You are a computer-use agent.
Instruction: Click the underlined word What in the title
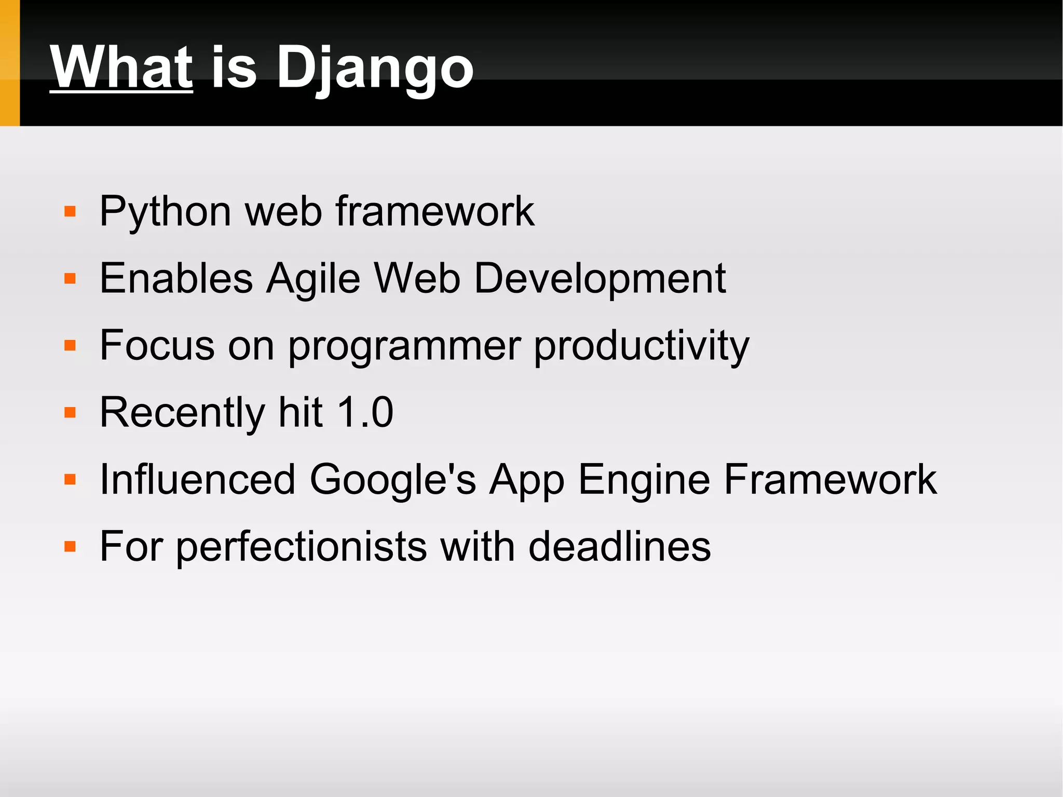pyautogui.click(x=121, y=67)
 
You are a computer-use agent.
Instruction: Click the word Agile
pyautogui.click(x=313, y=279)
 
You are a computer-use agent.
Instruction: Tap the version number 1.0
pyautogui.click(x=365, y=412)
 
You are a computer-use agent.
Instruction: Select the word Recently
pyautogui.click(x=182, y=413)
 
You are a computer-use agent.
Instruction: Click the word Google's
pyautogui.click(x=392, y=480)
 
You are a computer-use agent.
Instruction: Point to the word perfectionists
pyautogui.click(x=301, y=547)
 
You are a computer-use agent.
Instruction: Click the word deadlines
pyautogui.click(x=619, y=546)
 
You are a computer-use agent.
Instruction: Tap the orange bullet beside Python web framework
pyautogui.click(x=70, y=212)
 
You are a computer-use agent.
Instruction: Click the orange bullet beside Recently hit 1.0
pyautogui.click(x=70, y=413)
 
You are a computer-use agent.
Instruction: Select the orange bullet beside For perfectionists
pyautogui.click(x=70, y=547)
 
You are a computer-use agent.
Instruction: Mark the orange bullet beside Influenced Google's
pyautogui.click(x=70, y=480)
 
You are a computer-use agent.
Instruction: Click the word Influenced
pyautogui.click(x=197, y=479)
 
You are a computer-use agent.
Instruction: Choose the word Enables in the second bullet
pyautogui.click(x=176, y=279)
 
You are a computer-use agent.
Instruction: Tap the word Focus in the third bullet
pyautogui.click(x=157, y=346)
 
